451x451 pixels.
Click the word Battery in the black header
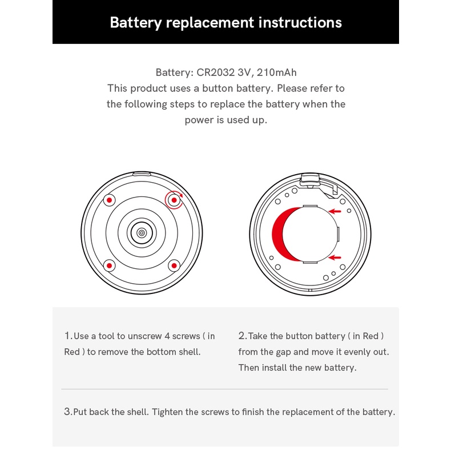click(x=136, y=23)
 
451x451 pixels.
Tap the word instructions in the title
click(x=300, y=22)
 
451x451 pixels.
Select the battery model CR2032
click(x=215, y=73)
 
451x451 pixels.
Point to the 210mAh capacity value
click(x=277, y=73)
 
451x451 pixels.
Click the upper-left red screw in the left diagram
click(x=109, y=200)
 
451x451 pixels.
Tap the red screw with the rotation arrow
click(x=174, y=200)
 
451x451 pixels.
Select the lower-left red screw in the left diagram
click(x=109, y=265)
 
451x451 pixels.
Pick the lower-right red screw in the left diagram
click(x=174, y=265)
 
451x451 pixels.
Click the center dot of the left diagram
click(x=142, y=233)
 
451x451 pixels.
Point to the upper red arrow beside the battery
click(x=335, y=211)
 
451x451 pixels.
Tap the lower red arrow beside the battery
click(x=335, y=257)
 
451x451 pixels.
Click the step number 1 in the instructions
click(x=68, y=336)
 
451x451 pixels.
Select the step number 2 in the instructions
click(x=242, y=336)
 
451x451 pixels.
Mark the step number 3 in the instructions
click(x=67, y=412)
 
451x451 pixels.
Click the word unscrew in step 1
click(x=144, y=336)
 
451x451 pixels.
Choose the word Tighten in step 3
click(x=167, y=412)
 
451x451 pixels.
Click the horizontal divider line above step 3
click(x=224, y=389)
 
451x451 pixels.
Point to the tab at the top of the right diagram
click(x=310, y=179)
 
